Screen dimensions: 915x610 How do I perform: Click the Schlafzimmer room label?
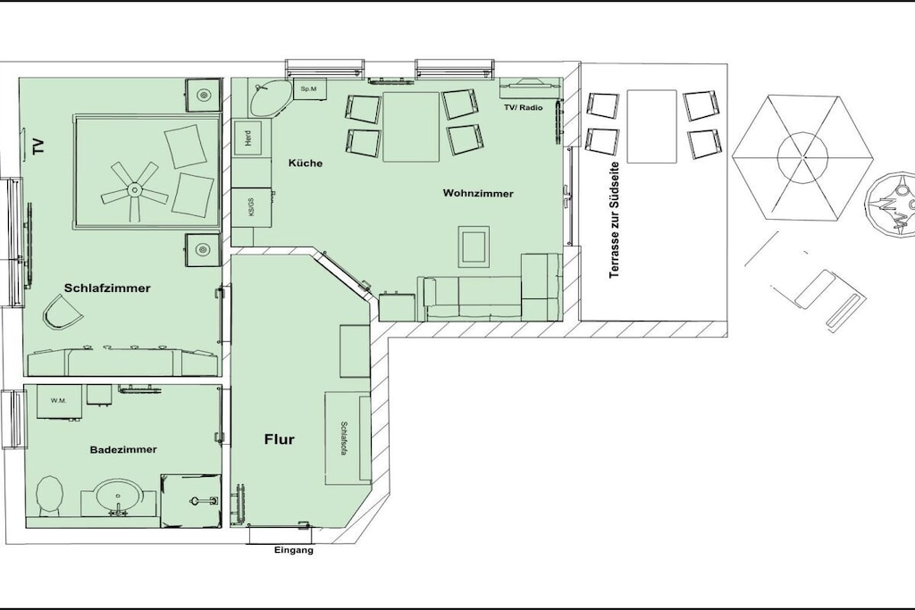(107, 288)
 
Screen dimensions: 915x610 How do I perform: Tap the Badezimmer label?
(123, 449)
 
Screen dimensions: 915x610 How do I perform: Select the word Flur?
(280, 439)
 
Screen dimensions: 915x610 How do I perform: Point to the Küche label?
(306, 163)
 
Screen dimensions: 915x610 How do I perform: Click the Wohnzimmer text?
(478, 193)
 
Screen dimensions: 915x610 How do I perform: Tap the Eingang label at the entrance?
(293, 550)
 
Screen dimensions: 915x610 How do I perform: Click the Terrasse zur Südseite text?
(614, 220)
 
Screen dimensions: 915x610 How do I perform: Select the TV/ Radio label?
(524, 107)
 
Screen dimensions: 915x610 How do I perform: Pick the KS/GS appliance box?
(252, 208)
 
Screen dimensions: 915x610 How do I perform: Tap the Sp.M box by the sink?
(309, 89)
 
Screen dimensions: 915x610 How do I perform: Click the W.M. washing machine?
(58, 402)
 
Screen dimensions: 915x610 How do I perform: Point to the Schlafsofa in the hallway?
(348, 438)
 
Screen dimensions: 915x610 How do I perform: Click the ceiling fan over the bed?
(134, 189)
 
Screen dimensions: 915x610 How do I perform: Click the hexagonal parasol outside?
(803, 157)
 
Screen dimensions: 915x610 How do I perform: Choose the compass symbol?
(891, 205)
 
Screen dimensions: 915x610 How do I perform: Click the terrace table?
(651, 127)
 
